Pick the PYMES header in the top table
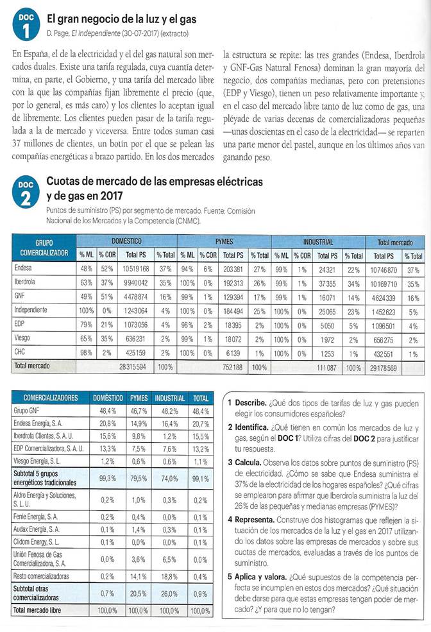point(224,242)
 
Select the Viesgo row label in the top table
point(22,340)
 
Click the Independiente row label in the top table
point(31,311)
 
